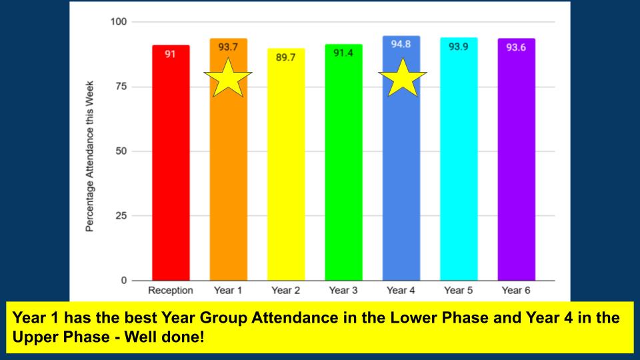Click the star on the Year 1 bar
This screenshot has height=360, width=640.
(x=228, y=77)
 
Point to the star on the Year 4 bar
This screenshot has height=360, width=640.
(x=403, y=77)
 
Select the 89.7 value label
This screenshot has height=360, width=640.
(x=286, y=57)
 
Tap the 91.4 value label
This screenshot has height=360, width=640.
(x=343, y=53)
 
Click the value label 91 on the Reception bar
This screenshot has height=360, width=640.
(x=171, y=54)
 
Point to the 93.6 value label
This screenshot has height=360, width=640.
(x=516, y=47)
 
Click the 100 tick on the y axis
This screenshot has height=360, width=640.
(x=119, y=22)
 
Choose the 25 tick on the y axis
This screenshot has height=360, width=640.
(x=121, y=216)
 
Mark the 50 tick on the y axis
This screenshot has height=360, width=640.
(x=121, y=151)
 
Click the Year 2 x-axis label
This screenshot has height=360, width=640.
(x=286, y=291)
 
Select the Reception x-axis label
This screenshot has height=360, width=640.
(x=171, y=291)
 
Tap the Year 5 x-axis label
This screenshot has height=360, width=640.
(x=459, y=291)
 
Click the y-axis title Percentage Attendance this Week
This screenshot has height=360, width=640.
(x=89, y=157)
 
